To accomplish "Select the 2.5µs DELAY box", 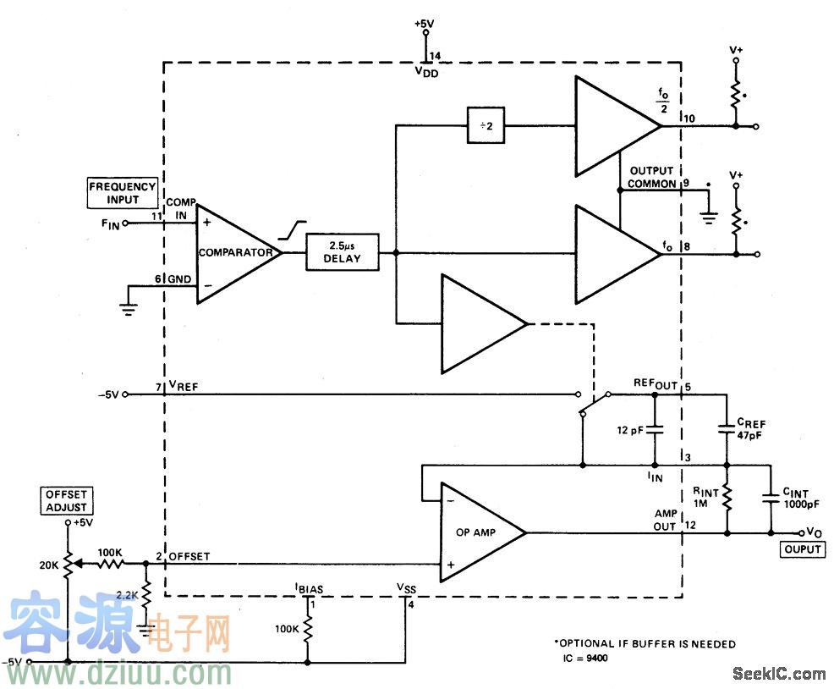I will tap(343, 251).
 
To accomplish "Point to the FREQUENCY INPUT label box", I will tap(123, 193).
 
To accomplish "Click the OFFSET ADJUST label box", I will tap(66, 500).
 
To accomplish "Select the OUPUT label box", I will tap(803, 549).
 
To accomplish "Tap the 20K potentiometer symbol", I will tap(68, 563).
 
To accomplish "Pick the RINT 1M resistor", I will tap(727, 499).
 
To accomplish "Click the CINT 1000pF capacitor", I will tap(771, 499).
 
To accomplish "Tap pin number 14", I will tap(435, 56).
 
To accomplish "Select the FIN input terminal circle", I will tap(126, 224).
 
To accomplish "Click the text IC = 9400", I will tap(584, 658).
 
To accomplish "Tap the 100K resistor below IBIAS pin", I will tap(308, 629).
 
